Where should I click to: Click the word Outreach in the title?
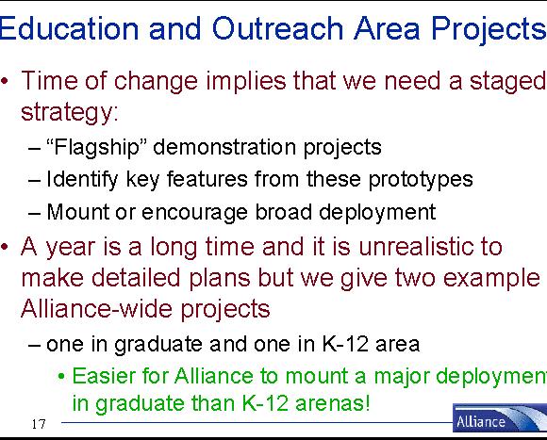(x=277, y=28)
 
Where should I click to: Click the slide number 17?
(x=39, y=424)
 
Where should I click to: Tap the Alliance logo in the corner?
(x=500, y=418)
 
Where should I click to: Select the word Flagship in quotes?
(x=95, y=147)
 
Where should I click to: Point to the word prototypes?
(x=421, y=180)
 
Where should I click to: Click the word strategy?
(x=70, y=112)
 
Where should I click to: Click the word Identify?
(x=82, y=180)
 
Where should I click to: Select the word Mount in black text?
(x=77, y=212)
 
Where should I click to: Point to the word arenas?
(x=332, y=404)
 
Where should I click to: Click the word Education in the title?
(x=69, y=28)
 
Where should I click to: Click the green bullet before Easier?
(x=61, y=377)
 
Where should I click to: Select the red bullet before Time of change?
(x=5, y=82)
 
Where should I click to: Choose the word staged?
(x=508, y=82)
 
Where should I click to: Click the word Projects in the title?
(x=489, y=29)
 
